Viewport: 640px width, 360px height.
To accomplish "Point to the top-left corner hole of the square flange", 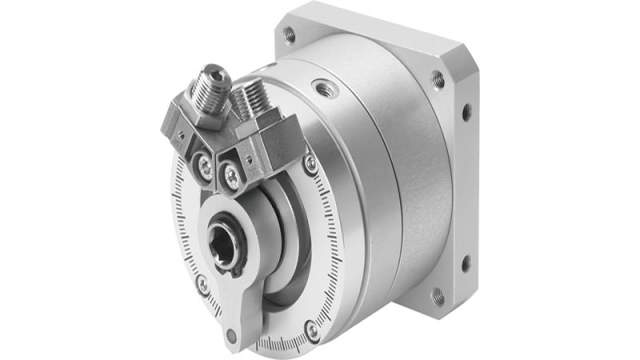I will point(290,35).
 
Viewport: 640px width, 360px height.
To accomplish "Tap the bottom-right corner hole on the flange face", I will point(435,296).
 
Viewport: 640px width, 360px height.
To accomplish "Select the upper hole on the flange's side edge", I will point(466,112).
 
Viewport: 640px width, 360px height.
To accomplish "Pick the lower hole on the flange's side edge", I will point(464,266).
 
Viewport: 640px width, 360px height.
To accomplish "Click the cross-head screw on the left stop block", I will point(207,160).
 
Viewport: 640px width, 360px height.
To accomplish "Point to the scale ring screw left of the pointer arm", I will point(202,284).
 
